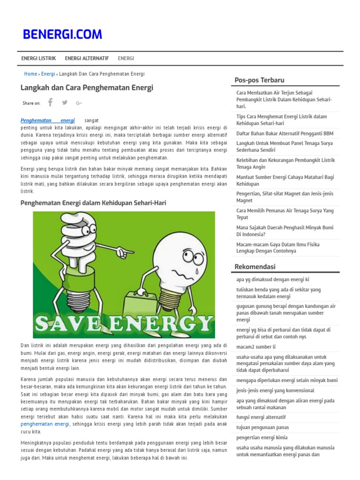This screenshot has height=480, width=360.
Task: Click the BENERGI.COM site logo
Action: [62, 34]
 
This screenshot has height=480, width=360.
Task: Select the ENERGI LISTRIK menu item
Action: [38, 58]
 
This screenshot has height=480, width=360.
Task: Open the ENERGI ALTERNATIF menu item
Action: [87, 58]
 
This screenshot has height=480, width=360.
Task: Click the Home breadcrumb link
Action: [30, 74]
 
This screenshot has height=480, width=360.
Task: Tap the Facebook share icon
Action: [50, 103]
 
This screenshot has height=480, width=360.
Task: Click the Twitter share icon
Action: [65, 103]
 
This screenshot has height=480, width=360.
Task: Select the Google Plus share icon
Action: [79, 103]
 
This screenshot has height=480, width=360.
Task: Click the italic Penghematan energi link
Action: [48, 120]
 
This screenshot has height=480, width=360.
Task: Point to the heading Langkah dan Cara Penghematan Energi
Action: [87, 88]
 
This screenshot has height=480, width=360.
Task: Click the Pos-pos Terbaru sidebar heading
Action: [259, 80]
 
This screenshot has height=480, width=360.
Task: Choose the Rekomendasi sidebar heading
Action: [255, 267]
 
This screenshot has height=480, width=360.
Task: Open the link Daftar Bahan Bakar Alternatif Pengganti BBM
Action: [285, 134]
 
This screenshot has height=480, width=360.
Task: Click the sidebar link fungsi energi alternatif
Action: [261, 417]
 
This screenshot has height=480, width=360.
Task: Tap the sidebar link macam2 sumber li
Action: [256, 346]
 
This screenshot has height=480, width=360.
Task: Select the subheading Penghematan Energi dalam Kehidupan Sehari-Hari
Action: [93, 203]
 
